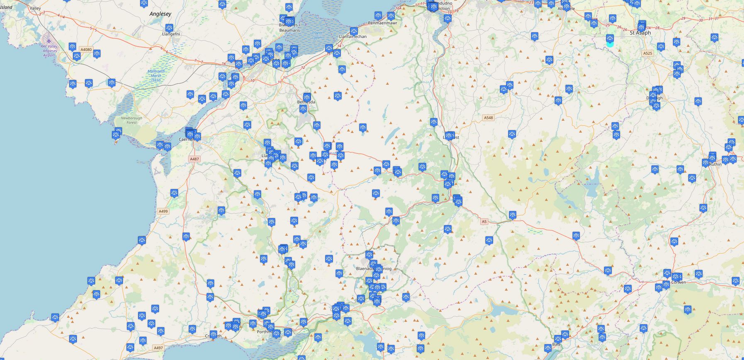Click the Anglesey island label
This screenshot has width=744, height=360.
[160, 14]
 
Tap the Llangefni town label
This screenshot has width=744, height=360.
[169, 34]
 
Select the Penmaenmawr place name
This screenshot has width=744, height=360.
[383, 23]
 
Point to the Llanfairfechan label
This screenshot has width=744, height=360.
[353, 36]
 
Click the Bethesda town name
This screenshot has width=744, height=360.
[306, 102]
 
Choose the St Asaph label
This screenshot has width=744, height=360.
[640, 32]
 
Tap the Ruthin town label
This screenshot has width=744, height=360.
[715, 164]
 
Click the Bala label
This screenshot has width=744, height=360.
[556, 345]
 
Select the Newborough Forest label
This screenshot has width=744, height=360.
[132, 120]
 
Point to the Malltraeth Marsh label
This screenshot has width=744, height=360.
[156, 75]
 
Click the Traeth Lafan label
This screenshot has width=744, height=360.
[317, 35]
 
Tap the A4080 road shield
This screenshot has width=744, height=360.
[86, 49]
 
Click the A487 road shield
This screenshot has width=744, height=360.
[194, 159]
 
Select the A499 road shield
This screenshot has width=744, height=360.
[163, 211]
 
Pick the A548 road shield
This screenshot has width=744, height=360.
[488, 118]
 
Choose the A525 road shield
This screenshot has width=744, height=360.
[647, 53]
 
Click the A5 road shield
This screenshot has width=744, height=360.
[484, 221]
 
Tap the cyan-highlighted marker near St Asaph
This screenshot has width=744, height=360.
[610, 40]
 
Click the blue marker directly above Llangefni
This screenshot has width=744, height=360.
[169, 28]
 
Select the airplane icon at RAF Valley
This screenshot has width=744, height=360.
[49, 41]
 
